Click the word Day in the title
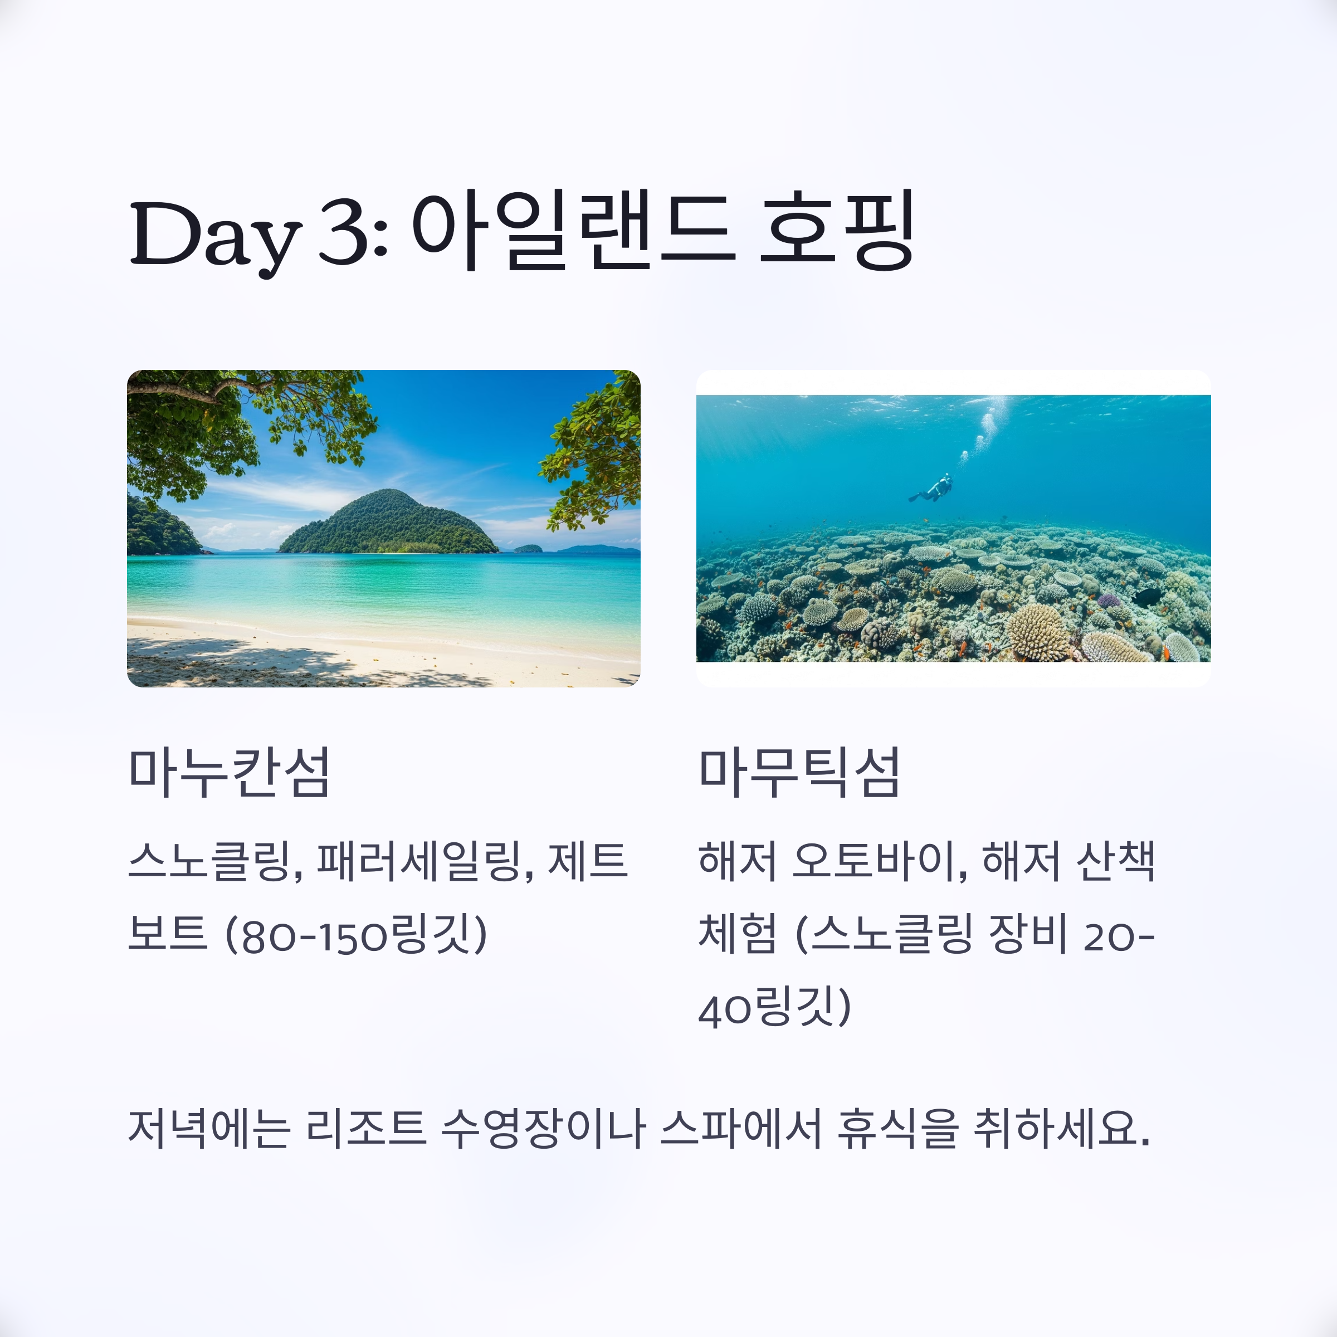coord(215,235)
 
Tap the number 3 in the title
coord(344,232)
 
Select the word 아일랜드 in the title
coord(574,232)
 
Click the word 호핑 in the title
coord(837,232)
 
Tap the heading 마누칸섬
coord(229,772)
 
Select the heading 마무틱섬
coord(799,772)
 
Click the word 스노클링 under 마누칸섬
coord(215,862)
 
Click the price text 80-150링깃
coord(357,935)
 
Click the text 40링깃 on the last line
coord(774,1008)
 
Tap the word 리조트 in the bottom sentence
coord(365,1129)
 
